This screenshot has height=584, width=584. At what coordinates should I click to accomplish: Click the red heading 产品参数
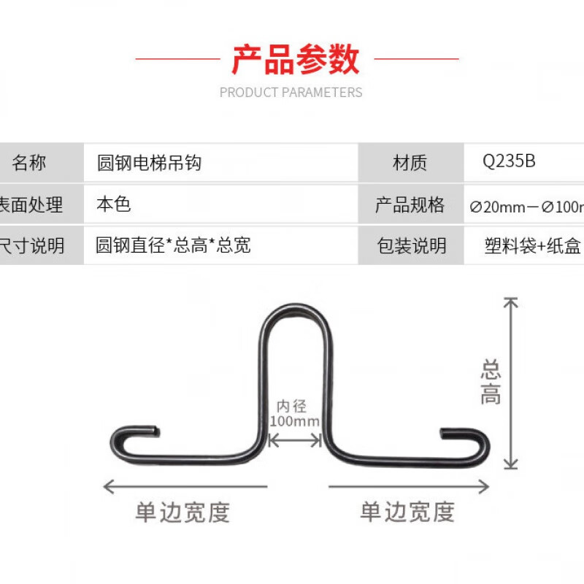296,59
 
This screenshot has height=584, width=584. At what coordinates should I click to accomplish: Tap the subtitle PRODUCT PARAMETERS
291,93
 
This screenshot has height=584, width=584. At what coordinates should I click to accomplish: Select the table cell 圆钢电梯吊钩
149,163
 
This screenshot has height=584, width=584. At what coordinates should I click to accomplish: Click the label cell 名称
29,163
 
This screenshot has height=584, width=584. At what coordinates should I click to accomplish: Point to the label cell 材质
410,163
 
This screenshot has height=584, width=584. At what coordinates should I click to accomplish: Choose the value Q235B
510,161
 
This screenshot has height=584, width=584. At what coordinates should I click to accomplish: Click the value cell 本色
113,204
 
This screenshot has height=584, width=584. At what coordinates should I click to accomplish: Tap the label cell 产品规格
410,205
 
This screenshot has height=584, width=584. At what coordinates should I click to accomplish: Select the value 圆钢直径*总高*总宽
173,245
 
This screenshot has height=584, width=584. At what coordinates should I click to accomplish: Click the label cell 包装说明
411,246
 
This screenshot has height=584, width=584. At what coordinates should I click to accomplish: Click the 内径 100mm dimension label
295,414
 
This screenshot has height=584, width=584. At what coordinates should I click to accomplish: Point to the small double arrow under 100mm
295,439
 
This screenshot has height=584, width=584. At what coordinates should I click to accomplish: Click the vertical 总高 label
491,382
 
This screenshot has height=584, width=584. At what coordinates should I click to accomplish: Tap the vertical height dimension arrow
511,383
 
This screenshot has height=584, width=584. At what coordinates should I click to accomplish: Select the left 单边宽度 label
182,512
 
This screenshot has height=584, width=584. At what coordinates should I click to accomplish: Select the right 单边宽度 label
407,512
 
